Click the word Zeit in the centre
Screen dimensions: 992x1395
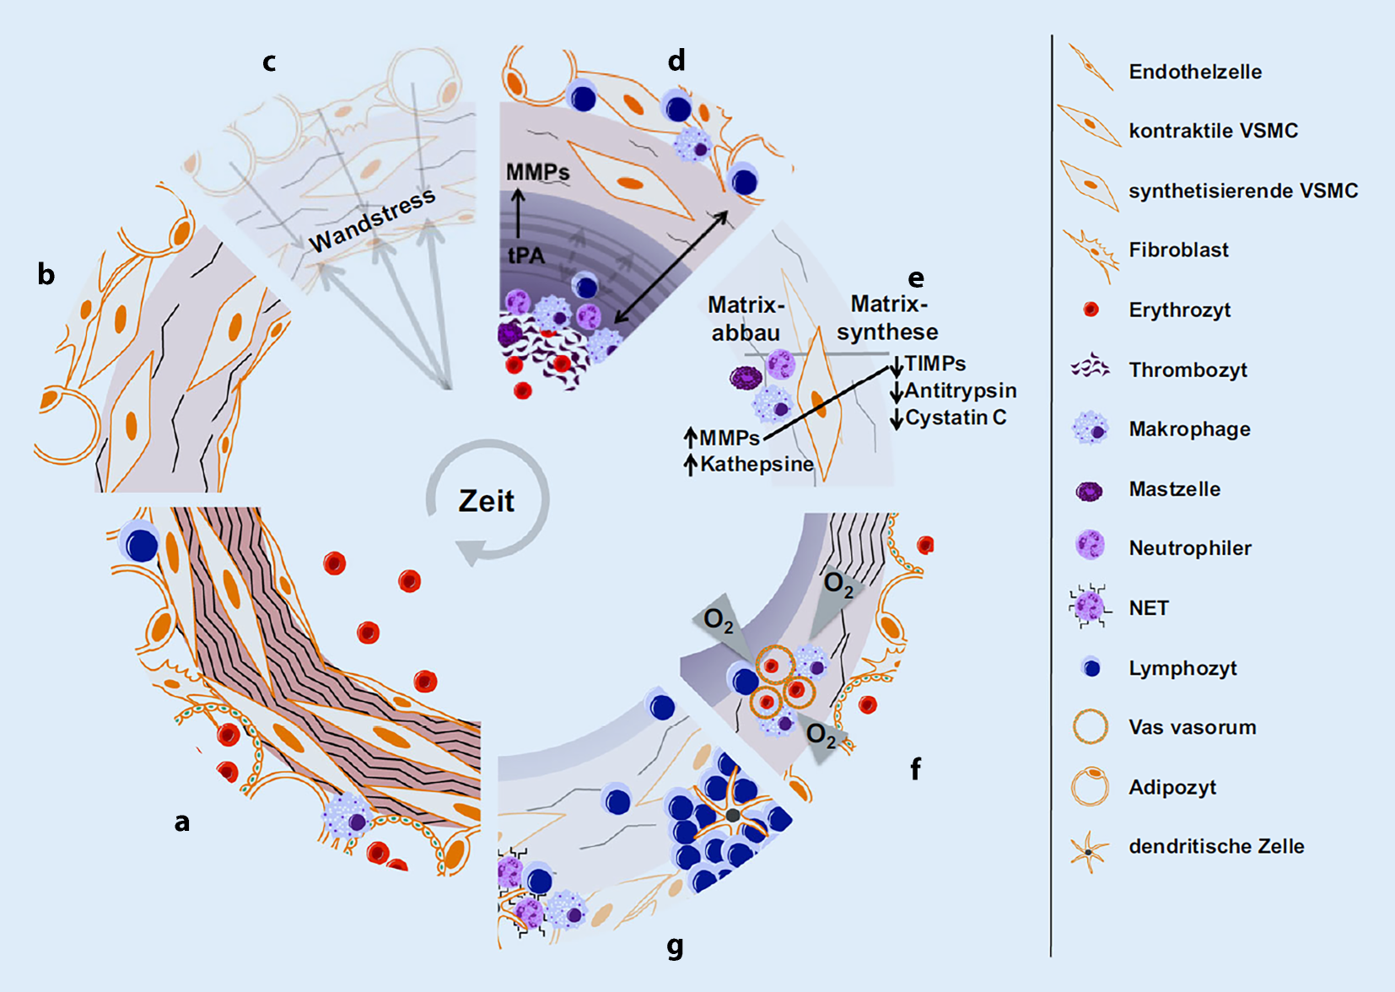pos(487,501)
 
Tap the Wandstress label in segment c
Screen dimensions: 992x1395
pos(372,220)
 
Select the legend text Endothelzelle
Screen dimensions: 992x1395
pos(1195,72)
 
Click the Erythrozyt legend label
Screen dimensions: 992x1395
pos(1179,310)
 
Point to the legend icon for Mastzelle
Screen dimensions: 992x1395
pos(1089,490)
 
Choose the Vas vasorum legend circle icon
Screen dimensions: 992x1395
pos(1090,726)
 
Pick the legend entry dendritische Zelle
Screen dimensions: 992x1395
pos(1216,846)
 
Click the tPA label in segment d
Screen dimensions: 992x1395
pos(526,255)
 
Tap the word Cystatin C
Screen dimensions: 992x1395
pos(956,418)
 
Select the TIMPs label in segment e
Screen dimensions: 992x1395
pos(935,364)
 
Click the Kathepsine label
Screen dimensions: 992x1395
pos(757,464)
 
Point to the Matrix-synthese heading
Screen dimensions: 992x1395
pos(888,317)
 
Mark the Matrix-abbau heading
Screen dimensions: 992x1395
pos(746,318)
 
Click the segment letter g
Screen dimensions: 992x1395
pos(675,946)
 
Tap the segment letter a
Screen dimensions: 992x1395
pos(182,822)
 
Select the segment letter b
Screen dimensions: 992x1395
pos(46,274)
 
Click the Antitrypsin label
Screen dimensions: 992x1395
pos(961,391)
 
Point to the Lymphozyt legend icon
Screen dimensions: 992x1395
pos(1090,667)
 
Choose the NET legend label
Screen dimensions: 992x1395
pos(1148,608)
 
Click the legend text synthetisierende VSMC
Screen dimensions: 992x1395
pos(1243,191)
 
